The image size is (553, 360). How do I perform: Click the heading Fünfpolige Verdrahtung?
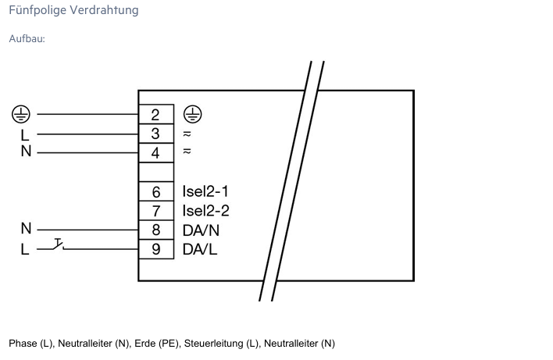[73, 10]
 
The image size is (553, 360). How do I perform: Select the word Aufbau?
[27, 38]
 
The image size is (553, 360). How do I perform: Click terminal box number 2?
[155, 115]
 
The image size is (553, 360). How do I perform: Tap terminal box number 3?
[155, 134]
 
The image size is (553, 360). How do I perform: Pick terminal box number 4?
[155, 152]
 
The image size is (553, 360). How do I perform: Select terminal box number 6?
[155, 192]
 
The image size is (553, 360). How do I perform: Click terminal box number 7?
[155, 211]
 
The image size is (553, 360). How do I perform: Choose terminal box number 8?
[155, 230]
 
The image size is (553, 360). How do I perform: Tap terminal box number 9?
[155, 250]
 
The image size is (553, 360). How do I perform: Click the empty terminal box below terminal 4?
[155, 172]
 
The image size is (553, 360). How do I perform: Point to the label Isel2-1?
[205, 191]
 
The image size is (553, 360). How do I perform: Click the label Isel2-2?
[205, 211]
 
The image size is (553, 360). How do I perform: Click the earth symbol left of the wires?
[20, 114]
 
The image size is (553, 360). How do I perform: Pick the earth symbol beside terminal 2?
[191, 114]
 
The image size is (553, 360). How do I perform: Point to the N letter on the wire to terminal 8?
[26, 230]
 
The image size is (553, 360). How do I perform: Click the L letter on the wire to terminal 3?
[24, 134]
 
